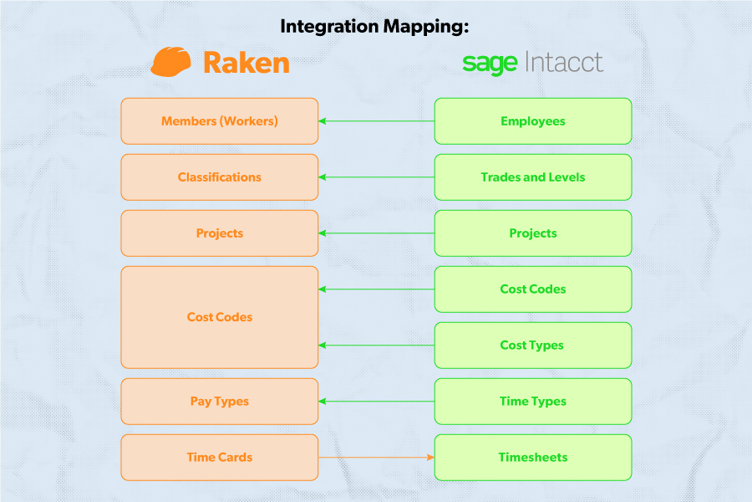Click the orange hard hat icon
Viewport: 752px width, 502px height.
pyautogui.click(x=171, y=62)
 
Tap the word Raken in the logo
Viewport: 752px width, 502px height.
pyautogui.click(x=246, y=63)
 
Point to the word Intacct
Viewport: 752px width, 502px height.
pyautogui.click(x=564, y=62)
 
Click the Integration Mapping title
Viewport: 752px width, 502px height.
pyautogui.click(x=375, y=26)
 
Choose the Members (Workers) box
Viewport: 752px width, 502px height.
pyautogui.click(x=220, y=121)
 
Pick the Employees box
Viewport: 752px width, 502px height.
pyautogui.click(x=533, y=121)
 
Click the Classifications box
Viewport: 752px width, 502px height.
pyautogui.click(x=220, y=177)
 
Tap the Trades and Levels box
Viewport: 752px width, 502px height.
pyautogui.click(x=533, y=177)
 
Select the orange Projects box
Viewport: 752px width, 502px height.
pyautogui.click(x=220, y=233)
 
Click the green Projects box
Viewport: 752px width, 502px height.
pyautogui.click(x=533, y=233)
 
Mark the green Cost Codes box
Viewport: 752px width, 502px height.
pyautogui.click(x=533, y=289)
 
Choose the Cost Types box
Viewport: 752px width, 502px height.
pyautogui.click(x=533, y=346)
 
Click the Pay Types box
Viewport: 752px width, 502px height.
pyautogui.click(x=220, y=402)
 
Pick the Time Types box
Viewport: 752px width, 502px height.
pyautogui.click(x=533, y=402)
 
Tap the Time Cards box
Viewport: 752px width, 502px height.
pyautogui.click(x=220, y=458)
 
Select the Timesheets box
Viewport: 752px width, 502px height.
pyautogui.click(x=533, y=458)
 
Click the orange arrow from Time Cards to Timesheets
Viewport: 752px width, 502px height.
pyautogui.click(x=376, y=458)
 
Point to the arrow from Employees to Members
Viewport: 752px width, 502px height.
pyautogui.click(x=376, y=121)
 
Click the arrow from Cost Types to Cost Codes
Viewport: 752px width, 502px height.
pyautogui.click(x=376, y=346)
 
